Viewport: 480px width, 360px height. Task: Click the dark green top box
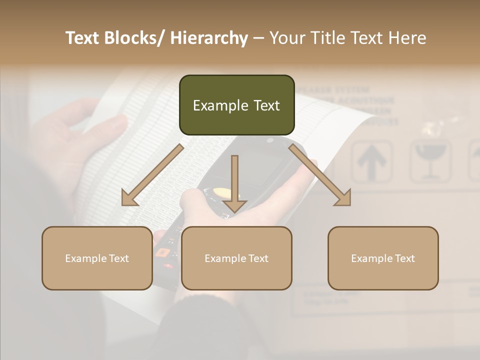point(236,105)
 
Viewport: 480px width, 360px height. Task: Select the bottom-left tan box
point(97,258)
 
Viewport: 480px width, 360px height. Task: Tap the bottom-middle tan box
point(236,258)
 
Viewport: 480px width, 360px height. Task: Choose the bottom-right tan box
point(383,258)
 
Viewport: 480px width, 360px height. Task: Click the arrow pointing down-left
point(152,175)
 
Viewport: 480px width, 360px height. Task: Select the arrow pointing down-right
point(320,175)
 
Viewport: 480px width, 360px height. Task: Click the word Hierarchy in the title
point(209,38)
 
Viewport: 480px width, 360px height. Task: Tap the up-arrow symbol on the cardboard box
point(371,161)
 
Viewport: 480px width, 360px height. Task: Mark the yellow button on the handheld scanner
point(222,192)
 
